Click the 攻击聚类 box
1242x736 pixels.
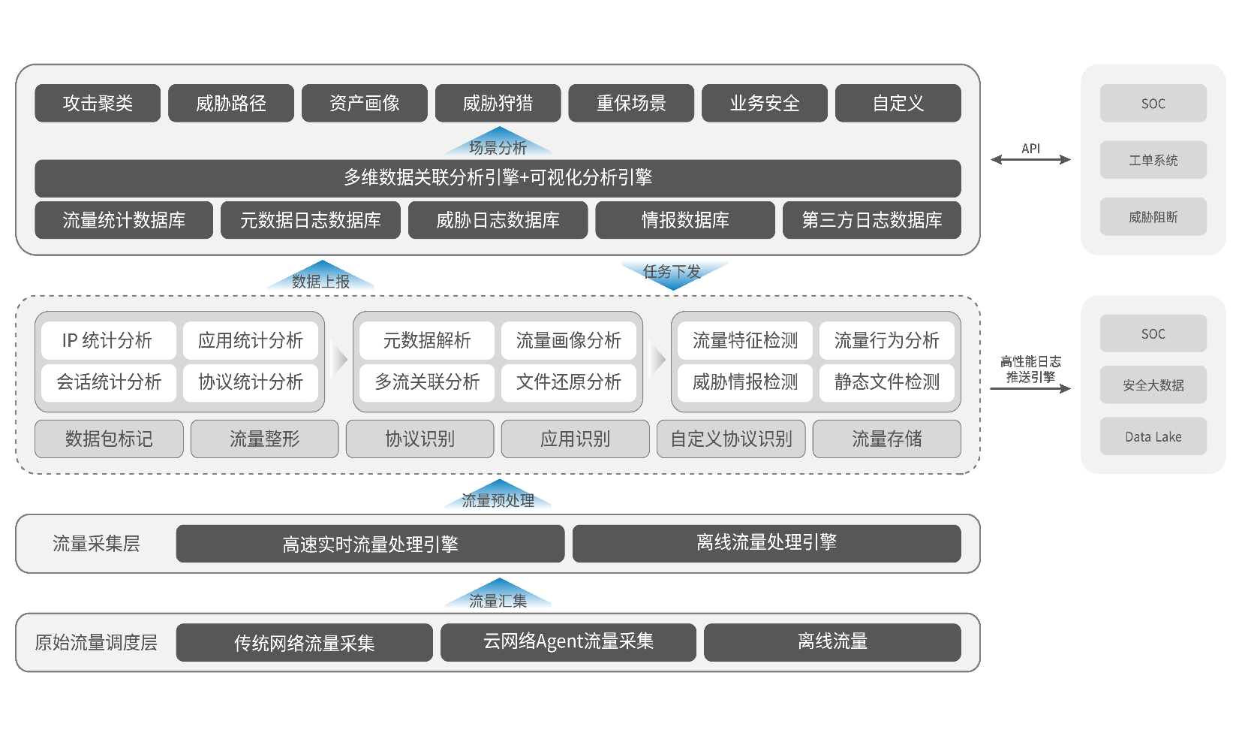[x=98, y=103]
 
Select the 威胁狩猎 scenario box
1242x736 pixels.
[x=498, y=103]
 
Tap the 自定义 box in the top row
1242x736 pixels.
[x=898, y=103]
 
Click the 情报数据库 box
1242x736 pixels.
[x=685, y=220]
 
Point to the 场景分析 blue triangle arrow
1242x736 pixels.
[x=498, y=142]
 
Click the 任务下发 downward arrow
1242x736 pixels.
[x=674, y=275]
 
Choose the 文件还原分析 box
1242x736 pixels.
[x=569, y=382]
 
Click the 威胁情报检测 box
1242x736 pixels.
[x=745, y=382]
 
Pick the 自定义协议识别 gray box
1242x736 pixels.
[x=732, y=439]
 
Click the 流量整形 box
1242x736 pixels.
[x=264, y=439]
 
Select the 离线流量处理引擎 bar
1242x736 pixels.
[x=767, y=544]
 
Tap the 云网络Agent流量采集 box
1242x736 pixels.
[x=568, y=642]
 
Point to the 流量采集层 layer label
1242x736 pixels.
[x=97, y=544]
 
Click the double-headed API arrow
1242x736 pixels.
[x=1031, y=160]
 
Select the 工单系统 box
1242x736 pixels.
[x=1153, y=160]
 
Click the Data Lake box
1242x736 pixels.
[x=1153, y=436]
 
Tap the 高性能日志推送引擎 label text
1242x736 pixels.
[x=1031, y=370]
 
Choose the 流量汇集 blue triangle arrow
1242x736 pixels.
[x=498, y=595]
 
